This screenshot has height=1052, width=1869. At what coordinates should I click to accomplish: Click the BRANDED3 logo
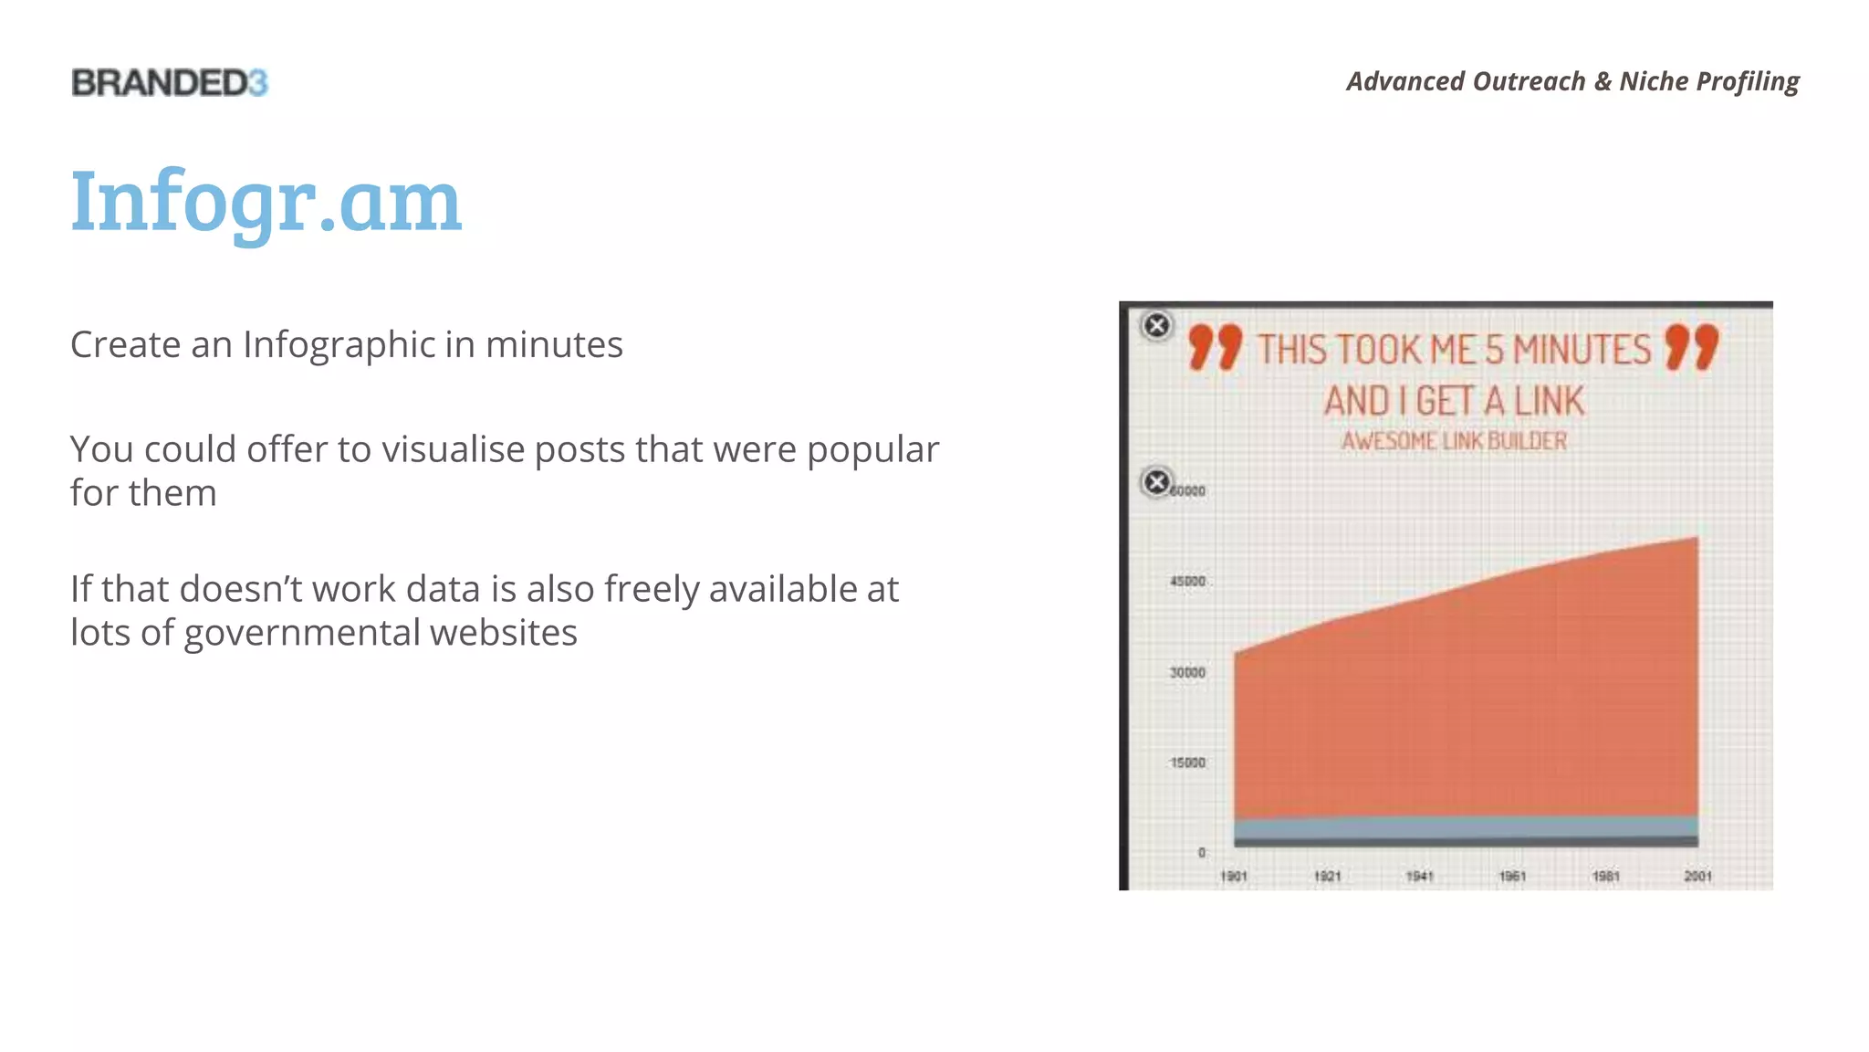(170, 83)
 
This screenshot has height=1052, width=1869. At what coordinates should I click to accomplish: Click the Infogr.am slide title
(266, 202)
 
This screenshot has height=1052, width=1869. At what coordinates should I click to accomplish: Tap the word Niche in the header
(1654, 81)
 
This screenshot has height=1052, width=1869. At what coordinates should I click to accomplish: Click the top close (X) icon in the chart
(1156, 325)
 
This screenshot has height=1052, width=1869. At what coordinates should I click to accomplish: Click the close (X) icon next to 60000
(1156, 481)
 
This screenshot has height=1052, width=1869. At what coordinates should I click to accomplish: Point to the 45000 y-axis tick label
(1187, 581)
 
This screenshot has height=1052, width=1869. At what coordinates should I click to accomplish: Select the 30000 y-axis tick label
(1187, 672)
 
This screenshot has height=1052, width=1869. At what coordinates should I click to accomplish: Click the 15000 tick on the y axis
(1187, 763)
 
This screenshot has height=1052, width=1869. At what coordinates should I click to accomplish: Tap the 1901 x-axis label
(1234, 876)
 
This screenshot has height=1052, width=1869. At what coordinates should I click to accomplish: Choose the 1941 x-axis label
(1419, 876)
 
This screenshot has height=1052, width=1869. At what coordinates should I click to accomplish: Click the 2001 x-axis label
(1697, 876)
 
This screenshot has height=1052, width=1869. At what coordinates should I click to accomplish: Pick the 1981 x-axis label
(1605, 876)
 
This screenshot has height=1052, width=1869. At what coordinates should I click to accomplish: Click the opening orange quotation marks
(1215, 347)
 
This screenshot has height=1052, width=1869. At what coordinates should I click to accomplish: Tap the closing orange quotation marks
(1691, 347)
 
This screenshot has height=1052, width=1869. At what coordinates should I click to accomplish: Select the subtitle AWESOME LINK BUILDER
(1454, 441)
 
